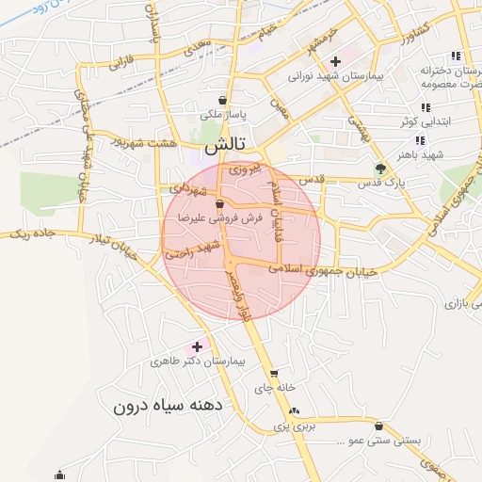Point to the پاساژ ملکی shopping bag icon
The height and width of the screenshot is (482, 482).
221,100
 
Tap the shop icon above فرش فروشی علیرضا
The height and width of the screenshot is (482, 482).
219,203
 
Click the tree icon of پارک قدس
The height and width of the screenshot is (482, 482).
380,169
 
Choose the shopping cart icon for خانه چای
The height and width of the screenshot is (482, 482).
274,374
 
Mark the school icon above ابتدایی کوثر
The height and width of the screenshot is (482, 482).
425,108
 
